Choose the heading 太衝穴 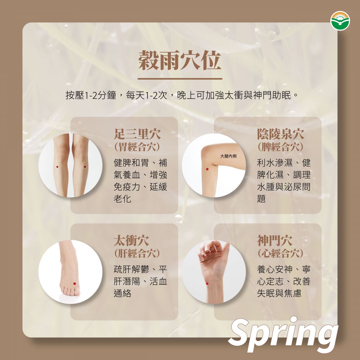pos(131,240)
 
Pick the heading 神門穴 pos(275,240)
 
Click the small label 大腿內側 pos(228,156)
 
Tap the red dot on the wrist pos(207,283)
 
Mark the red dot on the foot pos(74,283)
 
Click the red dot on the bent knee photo pos(207,169)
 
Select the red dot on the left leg pos(57,167)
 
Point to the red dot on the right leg pos(85,167)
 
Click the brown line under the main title pos(180,79)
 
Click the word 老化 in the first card pos(122,199)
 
